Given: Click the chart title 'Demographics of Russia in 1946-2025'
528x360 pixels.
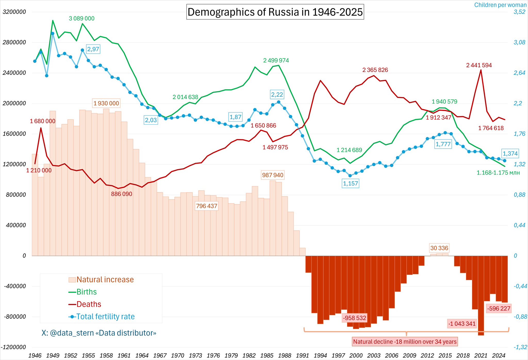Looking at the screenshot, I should point(275,12).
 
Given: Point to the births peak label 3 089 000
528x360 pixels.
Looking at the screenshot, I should point(81,19).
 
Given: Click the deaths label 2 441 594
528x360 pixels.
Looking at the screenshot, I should point(479,65).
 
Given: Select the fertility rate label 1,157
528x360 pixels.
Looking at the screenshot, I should point(350,184).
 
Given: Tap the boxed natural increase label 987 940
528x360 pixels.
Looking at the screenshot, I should point(273,175).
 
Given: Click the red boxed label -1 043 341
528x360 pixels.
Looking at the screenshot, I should point(462,324).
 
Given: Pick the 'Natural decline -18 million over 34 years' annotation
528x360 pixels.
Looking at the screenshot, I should point(405,342).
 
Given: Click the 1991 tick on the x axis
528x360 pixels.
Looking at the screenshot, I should point(302,355).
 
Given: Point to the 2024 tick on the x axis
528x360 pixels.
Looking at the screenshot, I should point(499,355).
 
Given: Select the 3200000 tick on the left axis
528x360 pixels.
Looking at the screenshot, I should point(14,12).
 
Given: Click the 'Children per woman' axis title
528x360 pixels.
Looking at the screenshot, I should point(500,5).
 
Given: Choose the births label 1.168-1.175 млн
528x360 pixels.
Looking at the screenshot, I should point(498,173).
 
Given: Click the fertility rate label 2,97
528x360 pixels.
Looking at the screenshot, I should point(93,49).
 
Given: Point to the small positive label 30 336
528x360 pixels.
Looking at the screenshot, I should point(439,248).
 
